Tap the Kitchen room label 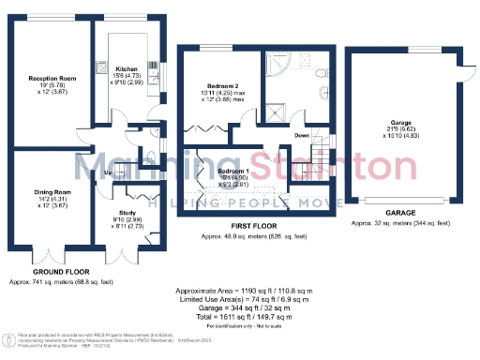(x=126, y=69)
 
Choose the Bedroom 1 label (x=232, y=172)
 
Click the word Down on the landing (x=302, y=136)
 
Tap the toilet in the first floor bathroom (x=320, y=76)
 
